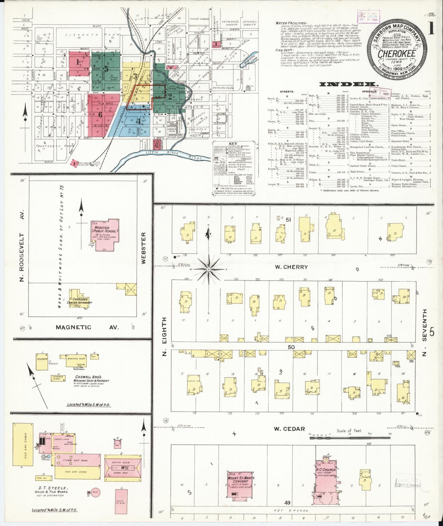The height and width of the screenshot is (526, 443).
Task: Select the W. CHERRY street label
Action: tap(291, 267)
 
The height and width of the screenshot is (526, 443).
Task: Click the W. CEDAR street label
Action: tap(289, 429)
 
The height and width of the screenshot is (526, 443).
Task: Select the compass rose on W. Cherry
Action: tap(208, 269)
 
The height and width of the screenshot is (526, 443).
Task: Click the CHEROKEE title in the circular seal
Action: tap(396, 53)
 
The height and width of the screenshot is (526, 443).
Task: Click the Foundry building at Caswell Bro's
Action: tap(42, 361)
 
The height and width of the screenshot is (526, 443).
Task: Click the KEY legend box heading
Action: tap(233, 144)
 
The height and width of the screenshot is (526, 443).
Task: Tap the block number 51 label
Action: tap(288, 220)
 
